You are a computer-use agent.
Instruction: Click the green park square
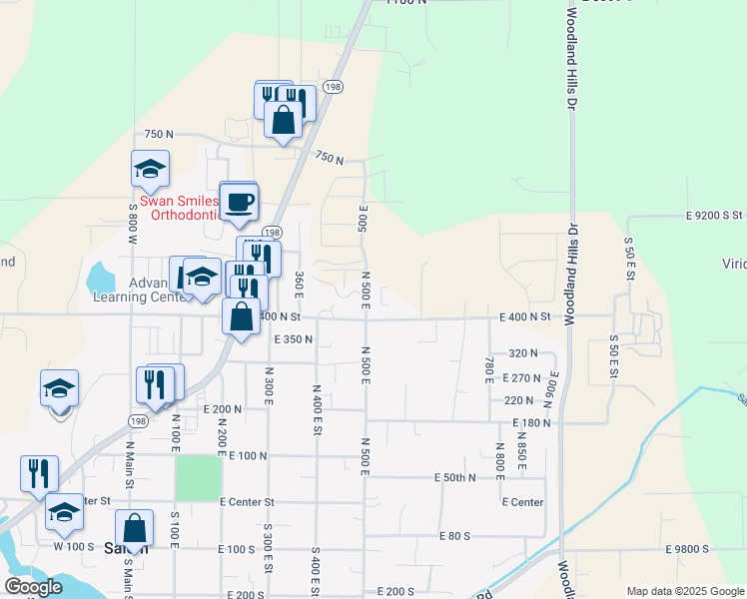[199, 478]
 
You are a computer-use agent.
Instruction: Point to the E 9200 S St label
[715, 215]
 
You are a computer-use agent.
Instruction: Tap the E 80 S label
[453, 536]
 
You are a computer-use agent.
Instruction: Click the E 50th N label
[454, 478]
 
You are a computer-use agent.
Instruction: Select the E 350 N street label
[293, 339]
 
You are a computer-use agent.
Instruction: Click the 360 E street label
[299, 285]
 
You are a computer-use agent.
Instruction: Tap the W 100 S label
[73, 546]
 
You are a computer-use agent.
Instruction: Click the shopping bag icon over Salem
[134, 530]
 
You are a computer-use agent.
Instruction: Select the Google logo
[33, 587]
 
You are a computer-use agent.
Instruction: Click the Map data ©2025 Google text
[685, 591]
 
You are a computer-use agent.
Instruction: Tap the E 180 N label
[531, 423]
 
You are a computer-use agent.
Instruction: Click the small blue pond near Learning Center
[100, 276]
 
